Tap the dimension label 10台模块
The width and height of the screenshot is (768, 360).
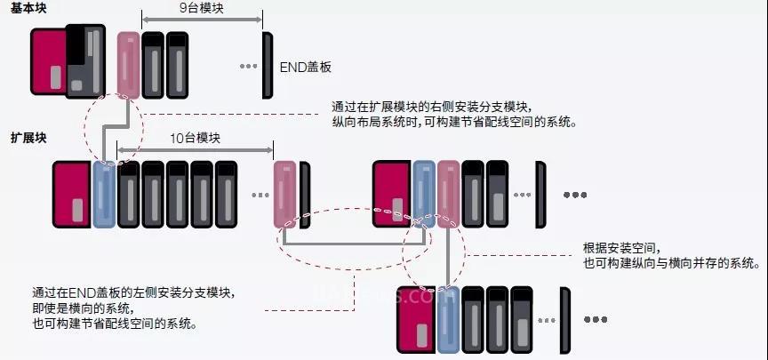click(x=194, y=139)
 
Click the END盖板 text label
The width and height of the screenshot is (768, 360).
click(x=305, y=67)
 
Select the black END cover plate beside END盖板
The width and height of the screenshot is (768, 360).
click(x=267, y=65)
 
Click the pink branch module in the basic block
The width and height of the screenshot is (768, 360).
click(x=128, y=65)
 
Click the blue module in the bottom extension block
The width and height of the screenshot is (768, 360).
click(x=446, y=321)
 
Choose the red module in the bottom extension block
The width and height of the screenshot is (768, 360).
click(x=415, y=321)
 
